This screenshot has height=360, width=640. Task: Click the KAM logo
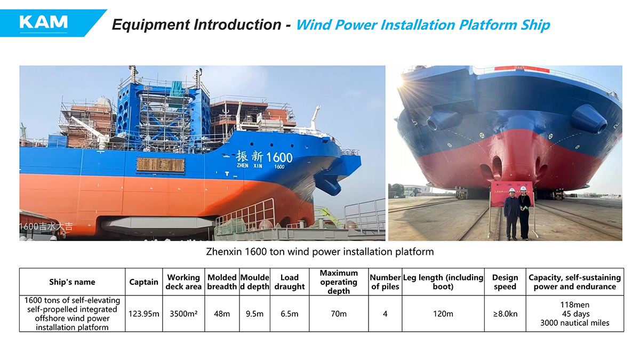click(x=43, y=22)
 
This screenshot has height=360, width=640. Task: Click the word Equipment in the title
click(x=151, y=25)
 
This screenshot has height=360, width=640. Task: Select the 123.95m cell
click(x=143, y=314)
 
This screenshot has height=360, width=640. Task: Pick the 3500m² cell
click(x=183, y=314)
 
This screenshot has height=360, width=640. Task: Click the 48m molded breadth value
click(x=222, y=314)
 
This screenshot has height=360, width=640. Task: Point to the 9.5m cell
click(x=254, y=314)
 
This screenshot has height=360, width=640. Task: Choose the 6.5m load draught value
click(x=290, y=314)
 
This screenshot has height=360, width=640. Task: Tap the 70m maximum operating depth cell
click(x=339, y=314)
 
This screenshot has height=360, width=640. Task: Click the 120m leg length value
click(x=443, y=314)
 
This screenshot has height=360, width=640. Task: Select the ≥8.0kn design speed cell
click(x=505, y=314)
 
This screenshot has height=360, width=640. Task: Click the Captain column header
click(x=143, y=282)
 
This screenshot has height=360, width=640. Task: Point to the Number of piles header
click(x=385, y=282)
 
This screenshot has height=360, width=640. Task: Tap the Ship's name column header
click(x=72, y=282)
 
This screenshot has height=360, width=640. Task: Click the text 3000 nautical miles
click(x=574, y=323)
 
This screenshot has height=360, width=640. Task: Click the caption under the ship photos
click(x=319, y=252)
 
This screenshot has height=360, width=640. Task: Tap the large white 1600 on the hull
click(x=279, y=157)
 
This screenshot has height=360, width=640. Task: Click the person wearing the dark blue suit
click(x=511, y=214)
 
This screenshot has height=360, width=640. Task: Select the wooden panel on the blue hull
click(x=161, y=165)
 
